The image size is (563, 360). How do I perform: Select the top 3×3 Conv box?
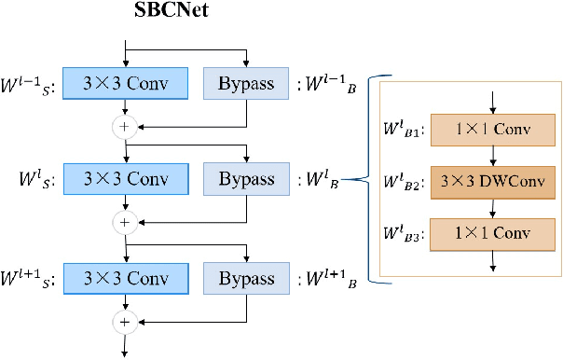point(125,83)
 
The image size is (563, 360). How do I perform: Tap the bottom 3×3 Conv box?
point(125,278)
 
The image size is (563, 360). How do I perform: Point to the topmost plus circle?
point(125,125)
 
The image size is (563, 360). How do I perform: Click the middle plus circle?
point(125,222)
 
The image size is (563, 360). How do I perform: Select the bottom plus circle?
point(125,321)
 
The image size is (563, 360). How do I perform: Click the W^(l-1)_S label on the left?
point(29,83)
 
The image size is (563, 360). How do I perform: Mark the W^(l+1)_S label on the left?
point(29,278)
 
